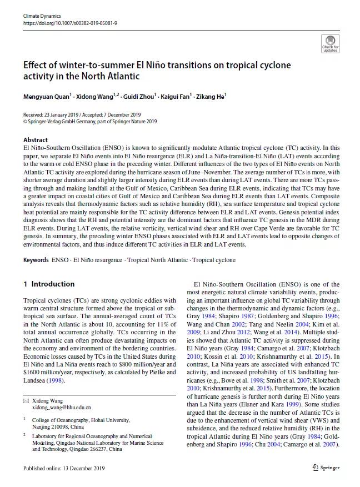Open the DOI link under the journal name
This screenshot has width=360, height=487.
[x=70, y=24]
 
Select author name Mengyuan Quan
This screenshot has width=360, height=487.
[x=46, y=97]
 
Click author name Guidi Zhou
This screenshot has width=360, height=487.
[x=139, y=97]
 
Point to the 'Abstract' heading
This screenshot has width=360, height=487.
[x=36, y=140]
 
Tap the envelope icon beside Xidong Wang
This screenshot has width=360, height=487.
[x=26, y=400]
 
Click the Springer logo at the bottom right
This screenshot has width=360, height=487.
[x=326, y=468]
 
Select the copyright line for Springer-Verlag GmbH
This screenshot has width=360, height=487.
[x=90, y=121]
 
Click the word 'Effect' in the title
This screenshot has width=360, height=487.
[x=37, y=65]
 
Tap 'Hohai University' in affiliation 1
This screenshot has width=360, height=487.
[x=108, y=420]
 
